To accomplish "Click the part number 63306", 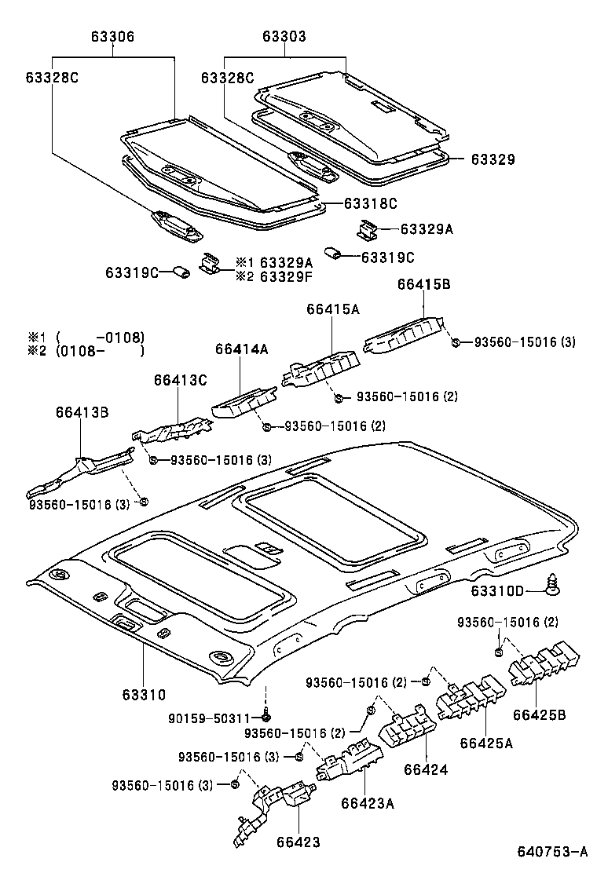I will pyautogui.click(x=112, y=36).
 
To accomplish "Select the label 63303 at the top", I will pyautogui.click(x=284, y=36).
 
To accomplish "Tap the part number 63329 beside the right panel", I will pyautogui.click(x=493, y=159).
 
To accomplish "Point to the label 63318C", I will pyautogui.click(x=371, y=203).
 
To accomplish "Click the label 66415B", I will pyautogui.click(x=423, y=286).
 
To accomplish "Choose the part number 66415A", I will pyautogui.click(x=333, y=309).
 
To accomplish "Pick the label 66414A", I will pyautogui.click(x=242, y=349).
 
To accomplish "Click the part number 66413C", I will pyautogui.click(x=180, y=380).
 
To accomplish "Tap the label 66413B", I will pyautogui.click(x=82, y=411).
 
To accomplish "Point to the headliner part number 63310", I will pyautogui.click(x=144, y=695).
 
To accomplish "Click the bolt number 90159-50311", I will pyautogui.click(x=221, y=717).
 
